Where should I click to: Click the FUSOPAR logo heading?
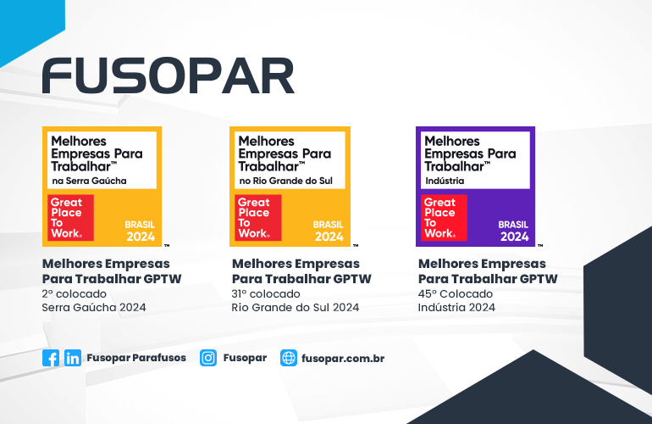coord(168,75)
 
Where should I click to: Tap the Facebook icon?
coord(51,358)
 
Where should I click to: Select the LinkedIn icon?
coord(73,358)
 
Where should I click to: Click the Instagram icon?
coord(208,358)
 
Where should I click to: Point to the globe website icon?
coord(289,358)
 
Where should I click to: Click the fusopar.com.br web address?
coord(343,359)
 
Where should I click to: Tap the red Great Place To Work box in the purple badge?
coord(440,218)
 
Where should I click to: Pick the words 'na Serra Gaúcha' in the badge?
coord(89,181)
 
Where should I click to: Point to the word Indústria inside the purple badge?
coord(444,181)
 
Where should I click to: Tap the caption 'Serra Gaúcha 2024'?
coord(94,307)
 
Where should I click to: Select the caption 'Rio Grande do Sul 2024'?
coord(296,307)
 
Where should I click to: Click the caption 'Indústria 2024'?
coord(457,307)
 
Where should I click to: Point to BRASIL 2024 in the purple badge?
coord(513,231)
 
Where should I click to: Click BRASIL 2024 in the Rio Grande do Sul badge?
coord(329,231)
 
